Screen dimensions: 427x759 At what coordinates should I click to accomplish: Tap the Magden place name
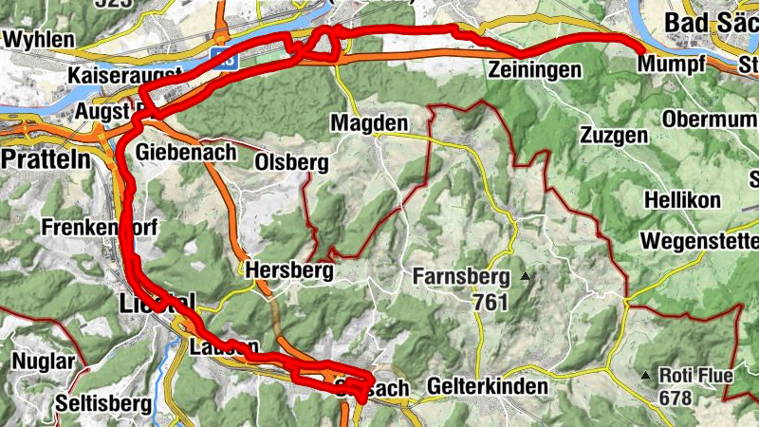369,123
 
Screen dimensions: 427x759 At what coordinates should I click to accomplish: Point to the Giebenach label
183,152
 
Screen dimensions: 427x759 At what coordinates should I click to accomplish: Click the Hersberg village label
289,270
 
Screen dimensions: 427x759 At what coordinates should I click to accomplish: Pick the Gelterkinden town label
488,387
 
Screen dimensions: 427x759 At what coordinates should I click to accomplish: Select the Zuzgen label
616,135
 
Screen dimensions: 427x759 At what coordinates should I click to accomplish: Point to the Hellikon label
683,201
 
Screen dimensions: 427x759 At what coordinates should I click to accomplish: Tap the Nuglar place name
43,362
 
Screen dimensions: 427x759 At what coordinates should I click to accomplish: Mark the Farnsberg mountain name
461,278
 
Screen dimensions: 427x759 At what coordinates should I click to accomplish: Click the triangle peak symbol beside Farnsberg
525,277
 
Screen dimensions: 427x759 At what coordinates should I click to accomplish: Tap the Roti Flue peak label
696,375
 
